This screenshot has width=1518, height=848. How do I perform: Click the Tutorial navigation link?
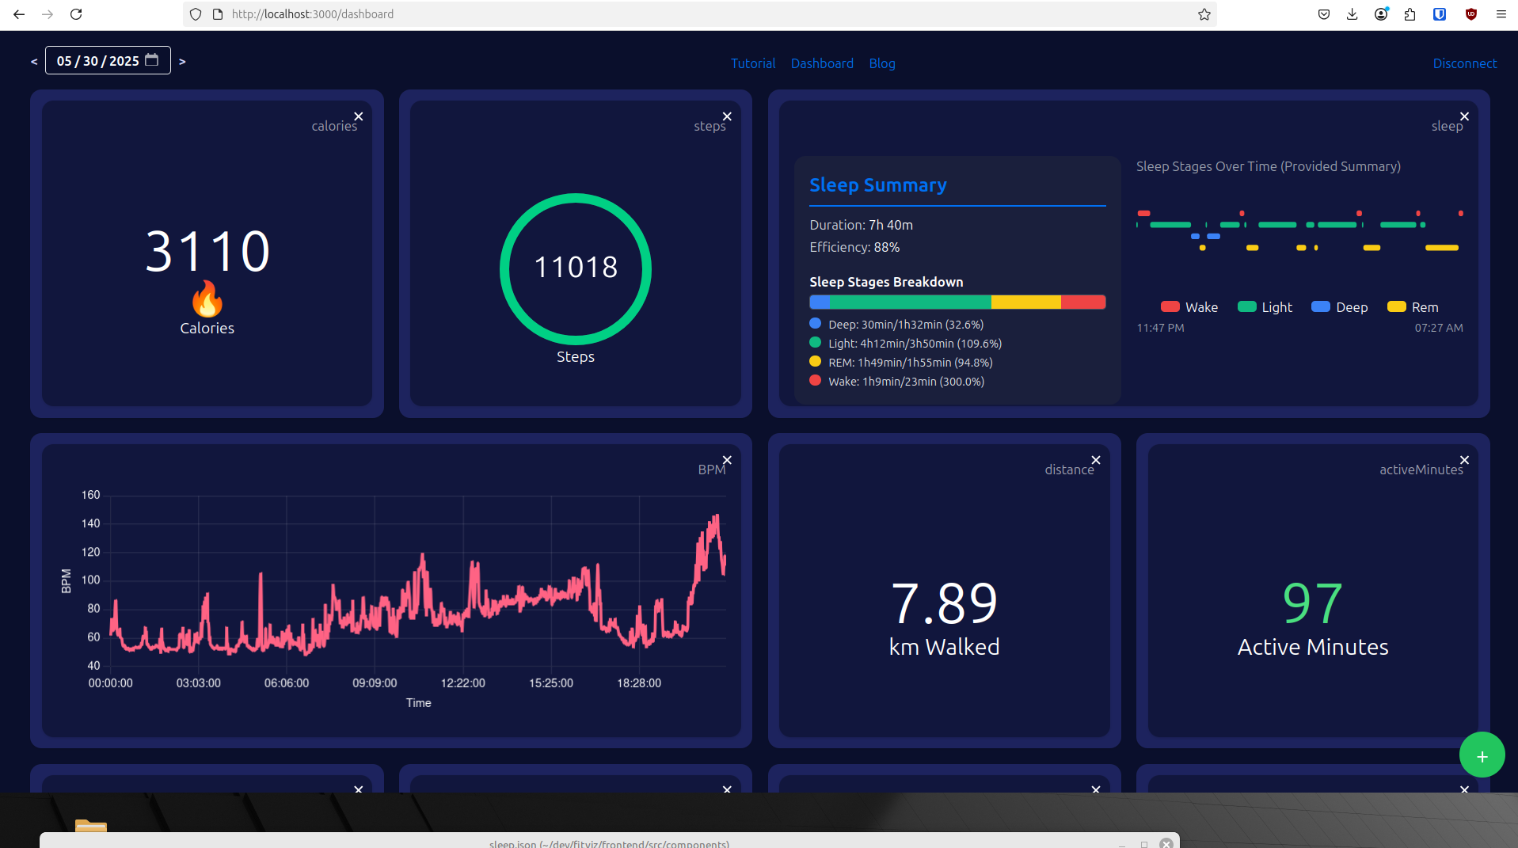click(752, 63)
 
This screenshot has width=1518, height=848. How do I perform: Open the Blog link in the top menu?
click(881, 63)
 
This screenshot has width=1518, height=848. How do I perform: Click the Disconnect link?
click(1464, 63)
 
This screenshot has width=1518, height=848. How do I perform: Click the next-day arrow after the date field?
click(182, 61)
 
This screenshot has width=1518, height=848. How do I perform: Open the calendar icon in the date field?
click(152, 60)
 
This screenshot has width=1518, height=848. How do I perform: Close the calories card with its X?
click(359, 116)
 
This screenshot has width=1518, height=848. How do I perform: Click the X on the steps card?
click(727, 116)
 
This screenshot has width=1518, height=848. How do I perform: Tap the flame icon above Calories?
click(207, 299)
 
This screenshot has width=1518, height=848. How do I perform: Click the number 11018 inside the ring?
click(576, 268)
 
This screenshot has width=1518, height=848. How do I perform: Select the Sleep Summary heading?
click(877, 185)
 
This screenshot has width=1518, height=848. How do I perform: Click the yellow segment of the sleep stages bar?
click(1025, 302)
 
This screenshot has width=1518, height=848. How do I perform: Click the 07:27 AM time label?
click(1438, 328)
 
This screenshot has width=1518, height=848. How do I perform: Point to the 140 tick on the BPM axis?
click(91, 523)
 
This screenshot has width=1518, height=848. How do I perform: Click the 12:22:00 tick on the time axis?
click(462, 683)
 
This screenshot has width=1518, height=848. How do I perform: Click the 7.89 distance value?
click(944, 603)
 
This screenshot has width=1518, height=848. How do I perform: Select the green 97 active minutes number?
click(1312, 603)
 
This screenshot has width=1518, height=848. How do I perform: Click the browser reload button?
click(76, 14)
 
